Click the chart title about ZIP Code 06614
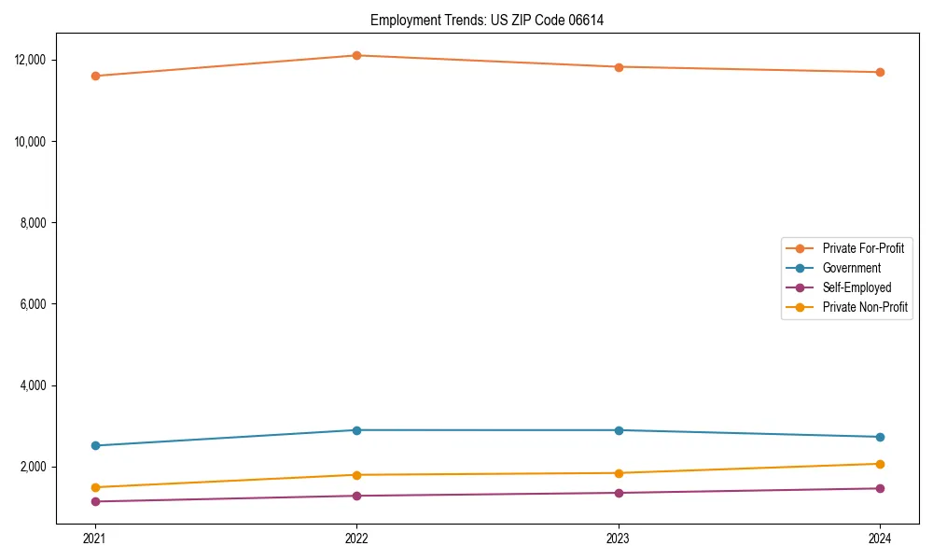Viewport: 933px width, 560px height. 487,21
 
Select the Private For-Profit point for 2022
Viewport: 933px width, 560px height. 356,55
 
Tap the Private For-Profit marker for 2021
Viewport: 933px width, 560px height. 94,76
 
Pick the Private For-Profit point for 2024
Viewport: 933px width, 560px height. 880,72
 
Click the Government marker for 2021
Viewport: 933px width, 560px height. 94,445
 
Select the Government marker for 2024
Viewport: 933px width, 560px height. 880,437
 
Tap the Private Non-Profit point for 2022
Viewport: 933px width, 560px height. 356,475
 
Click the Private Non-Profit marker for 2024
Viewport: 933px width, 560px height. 880,464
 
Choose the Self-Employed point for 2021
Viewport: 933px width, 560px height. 94,501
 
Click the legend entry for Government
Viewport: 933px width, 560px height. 851,268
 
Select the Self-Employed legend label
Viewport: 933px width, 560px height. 856,287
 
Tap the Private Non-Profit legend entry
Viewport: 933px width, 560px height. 865,307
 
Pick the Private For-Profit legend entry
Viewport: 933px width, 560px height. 863,248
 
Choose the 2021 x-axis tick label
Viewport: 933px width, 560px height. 94,539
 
